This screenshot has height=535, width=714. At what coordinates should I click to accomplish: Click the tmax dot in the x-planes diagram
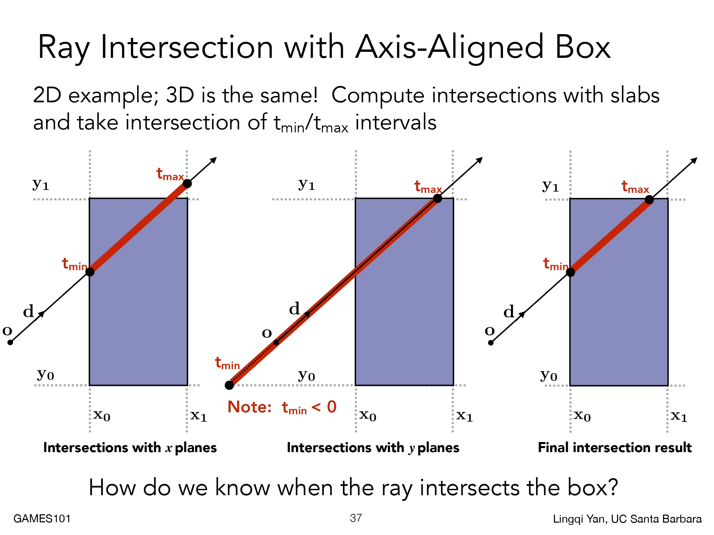coord(187,183)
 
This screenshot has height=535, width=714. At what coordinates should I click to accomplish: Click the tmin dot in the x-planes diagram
coord(90,272)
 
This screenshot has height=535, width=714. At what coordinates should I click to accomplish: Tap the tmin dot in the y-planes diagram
coord(229,385)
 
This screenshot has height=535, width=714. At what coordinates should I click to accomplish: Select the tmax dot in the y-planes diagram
coord(437,198)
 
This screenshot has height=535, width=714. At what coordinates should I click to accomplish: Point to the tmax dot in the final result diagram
coord(649,200)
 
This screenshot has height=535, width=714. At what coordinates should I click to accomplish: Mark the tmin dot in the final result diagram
coord(570,272)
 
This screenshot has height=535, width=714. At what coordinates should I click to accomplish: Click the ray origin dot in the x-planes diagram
coord(10,342)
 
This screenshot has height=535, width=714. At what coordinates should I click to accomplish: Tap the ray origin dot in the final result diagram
coord(491,342)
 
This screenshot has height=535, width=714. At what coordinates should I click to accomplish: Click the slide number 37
coord(356,518)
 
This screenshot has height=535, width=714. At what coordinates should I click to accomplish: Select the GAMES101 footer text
coord(42,519)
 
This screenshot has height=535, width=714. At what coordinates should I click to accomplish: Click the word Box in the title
coord(583,47)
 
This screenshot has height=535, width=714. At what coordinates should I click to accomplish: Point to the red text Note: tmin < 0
coord(282,407)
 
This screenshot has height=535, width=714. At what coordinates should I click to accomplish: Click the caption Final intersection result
coord(615,447)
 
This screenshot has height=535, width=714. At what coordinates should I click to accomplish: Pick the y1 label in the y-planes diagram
coord(306,185)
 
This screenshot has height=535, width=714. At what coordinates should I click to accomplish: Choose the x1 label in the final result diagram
coord(679,416)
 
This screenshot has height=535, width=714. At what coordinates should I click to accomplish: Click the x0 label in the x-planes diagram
coord(102,415)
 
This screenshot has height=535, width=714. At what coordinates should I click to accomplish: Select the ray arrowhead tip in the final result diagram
coord(697,158)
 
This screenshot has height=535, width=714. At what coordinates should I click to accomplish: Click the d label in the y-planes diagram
coord(294,308)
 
